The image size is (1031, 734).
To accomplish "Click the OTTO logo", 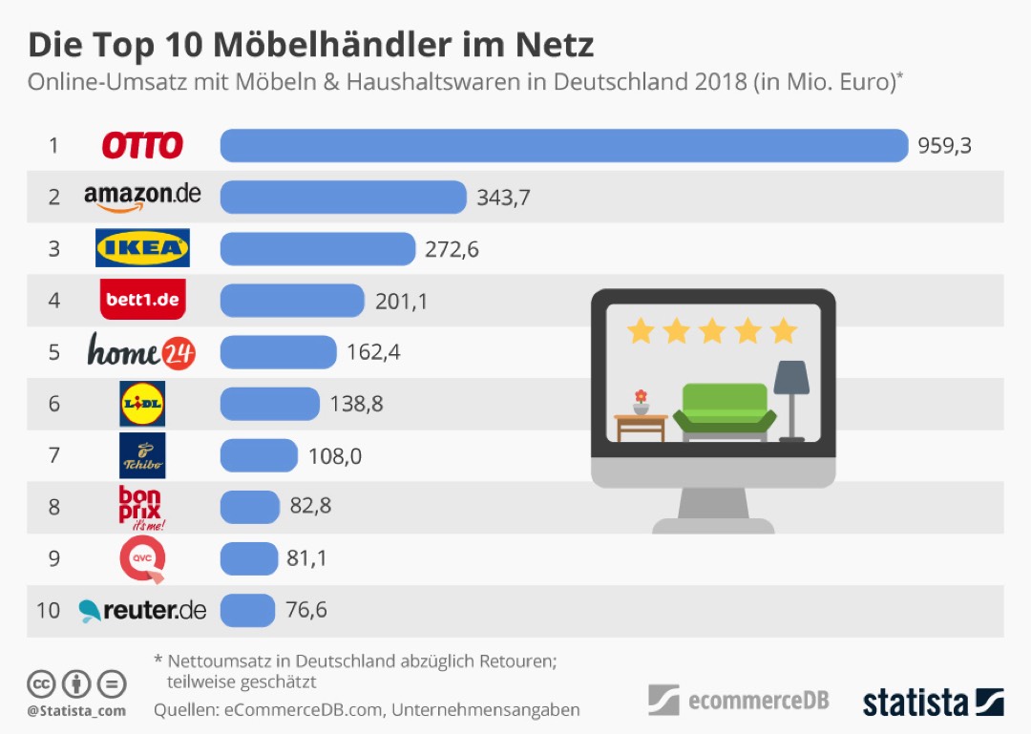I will [142, 146].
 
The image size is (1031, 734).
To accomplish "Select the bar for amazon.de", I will [343, 198].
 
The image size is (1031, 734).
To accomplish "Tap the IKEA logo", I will [142, 248].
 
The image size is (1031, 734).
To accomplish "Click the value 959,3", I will [944, 146].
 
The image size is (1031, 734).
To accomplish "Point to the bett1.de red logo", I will [142, 300].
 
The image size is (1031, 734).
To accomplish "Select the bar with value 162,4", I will [278, 352].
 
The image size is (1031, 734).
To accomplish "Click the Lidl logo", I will [142, 404].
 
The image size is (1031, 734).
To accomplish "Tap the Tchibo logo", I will [142, 455].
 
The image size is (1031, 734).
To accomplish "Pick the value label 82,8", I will [310, 506].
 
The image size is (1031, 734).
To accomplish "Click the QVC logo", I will [142, 558].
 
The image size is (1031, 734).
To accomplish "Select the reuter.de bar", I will [247, 610].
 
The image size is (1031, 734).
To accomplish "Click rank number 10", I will [48, 610].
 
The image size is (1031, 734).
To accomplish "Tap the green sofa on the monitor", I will [725, 411].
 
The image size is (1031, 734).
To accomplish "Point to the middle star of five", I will [712, 331].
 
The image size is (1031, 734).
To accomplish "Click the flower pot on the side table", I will [641, 402].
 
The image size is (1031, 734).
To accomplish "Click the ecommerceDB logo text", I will [758, 702].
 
